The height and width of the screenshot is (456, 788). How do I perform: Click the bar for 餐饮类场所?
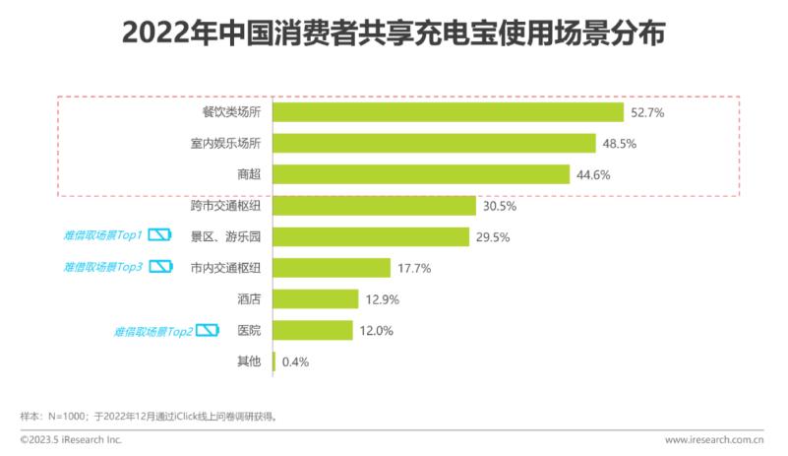pos(448,112)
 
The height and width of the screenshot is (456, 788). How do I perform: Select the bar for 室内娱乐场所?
pos(434,143)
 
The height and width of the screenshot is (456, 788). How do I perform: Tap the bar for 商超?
pos(421,174)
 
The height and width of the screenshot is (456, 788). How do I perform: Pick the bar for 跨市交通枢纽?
pos(374,206)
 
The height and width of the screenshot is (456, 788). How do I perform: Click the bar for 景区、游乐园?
pos(371,236)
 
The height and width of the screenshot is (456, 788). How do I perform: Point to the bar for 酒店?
pos(315,298)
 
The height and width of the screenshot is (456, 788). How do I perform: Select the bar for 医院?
pos(312,330)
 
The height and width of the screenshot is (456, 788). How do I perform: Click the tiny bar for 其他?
pos(273,361)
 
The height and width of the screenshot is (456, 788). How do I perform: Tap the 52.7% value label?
pos(649,113)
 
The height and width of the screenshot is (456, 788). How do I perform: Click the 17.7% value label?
pos(413,268)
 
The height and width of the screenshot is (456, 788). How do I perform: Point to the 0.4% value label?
pos(295,361)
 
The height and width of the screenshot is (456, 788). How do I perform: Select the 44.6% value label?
pos(595,175)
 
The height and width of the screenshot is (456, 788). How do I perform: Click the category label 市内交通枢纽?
pos(225,267)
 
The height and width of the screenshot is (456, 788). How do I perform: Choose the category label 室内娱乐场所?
pos(225,144)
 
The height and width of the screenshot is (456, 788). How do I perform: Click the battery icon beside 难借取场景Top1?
pos(160,235)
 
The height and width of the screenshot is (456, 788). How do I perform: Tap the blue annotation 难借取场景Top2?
pos(152,330)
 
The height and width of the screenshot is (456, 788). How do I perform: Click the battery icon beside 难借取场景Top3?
pos(160,267)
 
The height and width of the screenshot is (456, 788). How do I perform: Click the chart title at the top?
pos(394,35)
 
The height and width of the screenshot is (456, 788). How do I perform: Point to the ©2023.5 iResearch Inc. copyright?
pos(71,440)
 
